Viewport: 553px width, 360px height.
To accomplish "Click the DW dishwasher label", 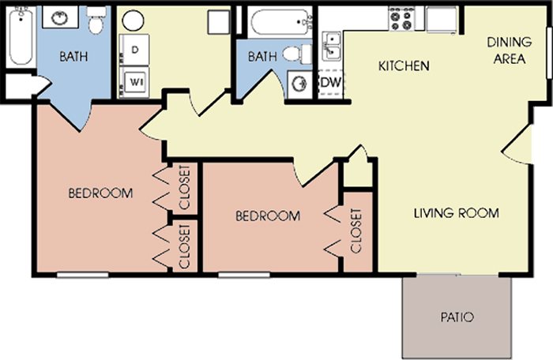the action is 331,82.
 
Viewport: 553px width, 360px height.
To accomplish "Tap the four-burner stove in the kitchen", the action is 401,19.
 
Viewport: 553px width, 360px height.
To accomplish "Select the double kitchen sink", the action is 332,46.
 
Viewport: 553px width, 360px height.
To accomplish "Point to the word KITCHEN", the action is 404,66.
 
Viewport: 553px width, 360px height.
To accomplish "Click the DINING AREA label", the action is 510,51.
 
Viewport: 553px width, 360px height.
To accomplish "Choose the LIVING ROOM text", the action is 457,213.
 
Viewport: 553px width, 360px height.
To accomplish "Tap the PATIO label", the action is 457,317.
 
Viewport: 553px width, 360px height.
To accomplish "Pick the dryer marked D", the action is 134,50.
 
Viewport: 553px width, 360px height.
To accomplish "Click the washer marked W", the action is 134,82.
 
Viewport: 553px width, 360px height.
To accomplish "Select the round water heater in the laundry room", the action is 133,20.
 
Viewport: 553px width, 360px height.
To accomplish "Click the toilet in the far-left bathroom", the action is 96,21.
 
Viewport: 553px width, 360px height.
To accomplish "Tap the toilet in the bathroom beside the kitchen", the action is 297,54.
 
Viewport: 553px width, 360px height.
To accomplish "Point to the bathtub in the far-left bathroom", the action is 21,36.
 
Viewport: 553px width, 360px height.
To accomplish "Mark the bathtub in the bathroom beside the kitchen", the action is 280,22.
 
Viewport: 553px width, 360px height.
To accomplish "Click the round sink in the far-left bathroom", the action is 59,18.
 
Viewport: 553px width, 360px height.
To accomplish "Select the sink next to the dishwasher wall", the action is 299,84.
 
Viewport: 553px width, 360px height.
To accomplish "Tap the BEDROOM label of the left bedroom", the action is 100,193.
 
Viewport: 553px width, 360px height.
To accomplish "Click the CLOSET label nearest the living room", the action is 356,231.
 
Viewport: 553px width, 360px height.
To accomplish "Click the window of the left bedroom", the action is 82,275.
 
